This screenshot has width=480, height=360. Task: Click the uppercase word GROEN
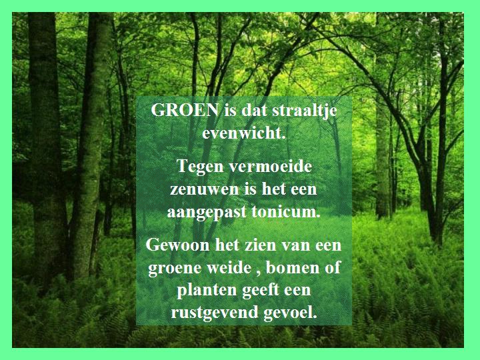(185, 110)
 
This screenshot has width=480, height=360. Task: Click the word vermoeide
(270, 166)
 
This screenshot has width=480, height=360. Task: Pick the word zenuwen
(205, 189)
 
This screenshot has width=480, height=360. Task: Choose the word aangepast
(207, 213)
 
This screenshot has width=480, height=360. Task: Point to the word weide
(229, 267)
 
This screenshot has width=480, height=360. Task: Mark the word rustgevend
(215, 313)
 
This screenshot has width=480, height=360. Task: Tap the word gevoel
(290, 313)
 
